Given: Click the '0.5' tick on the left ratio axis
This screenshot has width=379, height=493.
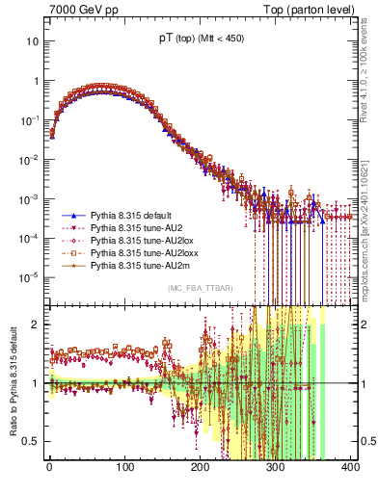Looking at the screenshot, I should pyautogui.click(x=31, y=441).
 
